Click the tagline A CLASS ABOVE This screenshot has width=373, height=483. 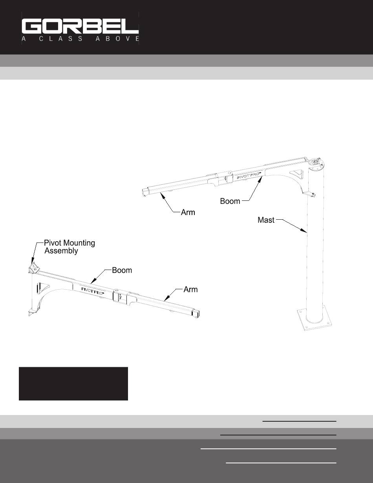[x=80, y=39]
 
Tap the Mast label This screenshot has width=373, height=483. [x=266, y=220]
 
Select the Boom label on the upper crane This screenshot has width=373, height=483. [x=230, y=201]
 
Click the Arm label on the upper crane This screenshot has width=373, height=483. [x=188, y=212]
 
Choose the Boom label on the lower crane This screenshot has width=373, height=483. [x=122, y=270]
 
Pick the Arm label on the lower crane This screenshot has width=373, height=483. [x=191, y=290]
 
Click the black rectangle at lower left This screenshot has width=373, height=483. [x=73, y=384]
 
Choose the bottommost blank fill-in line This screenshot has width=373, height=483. [x=281, y=463]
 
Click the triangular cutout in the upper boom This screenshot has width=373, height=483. [x=296, y=174]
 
